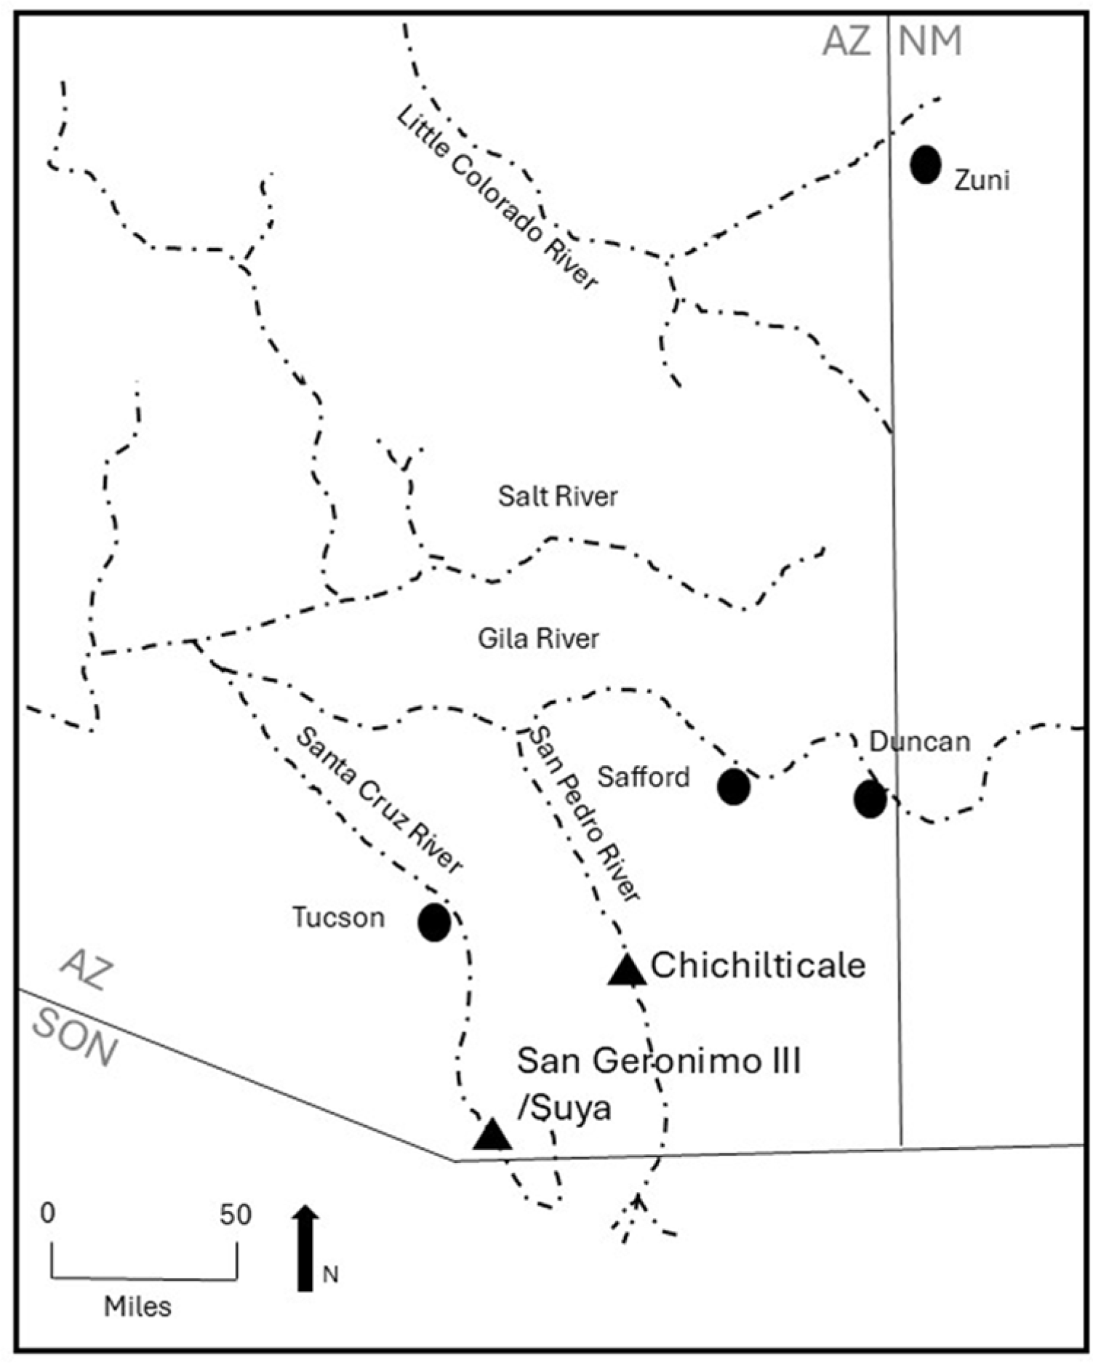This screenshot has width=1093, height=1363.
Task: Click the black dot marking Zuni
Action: click(926, 164)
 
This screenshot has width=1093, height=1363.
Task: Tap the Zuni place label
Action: click(982, 180)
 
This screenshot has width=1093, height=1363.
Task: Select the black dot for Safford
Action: click(733, 787)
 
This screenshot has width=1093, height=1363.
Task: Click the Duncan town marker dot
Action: click(870, 799)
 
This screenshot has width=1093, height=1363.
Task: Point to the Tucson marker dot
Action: click(434, 922)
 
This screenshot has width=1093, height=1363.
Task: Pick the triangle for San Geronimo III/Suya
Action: click(492, 1135)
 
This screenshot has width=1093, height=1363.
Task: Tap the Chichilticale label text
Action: click(758, 966)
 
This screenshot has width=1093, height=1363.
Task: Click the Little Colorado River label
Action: click(497, 199)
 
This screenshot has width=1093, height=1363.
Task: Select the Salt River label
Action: click(558, 496)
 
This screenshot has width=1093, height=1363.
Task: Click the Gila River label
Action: click(538, 639)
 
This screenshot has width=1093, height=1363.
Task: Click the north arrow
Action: click(305, 1247)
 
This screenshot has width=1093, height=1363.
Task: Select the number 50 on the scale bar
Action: click(236, 1214)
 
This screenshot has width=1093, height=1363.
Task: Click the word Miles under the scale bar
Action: click(137, 1306)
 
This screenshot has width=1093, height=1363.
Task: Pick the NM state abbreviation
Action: click(930, 41)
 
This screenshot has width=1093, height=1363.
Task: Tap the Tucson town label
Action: click(338, 918)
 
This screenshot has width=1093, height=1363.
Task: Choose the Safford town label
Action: click(643, 777)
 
